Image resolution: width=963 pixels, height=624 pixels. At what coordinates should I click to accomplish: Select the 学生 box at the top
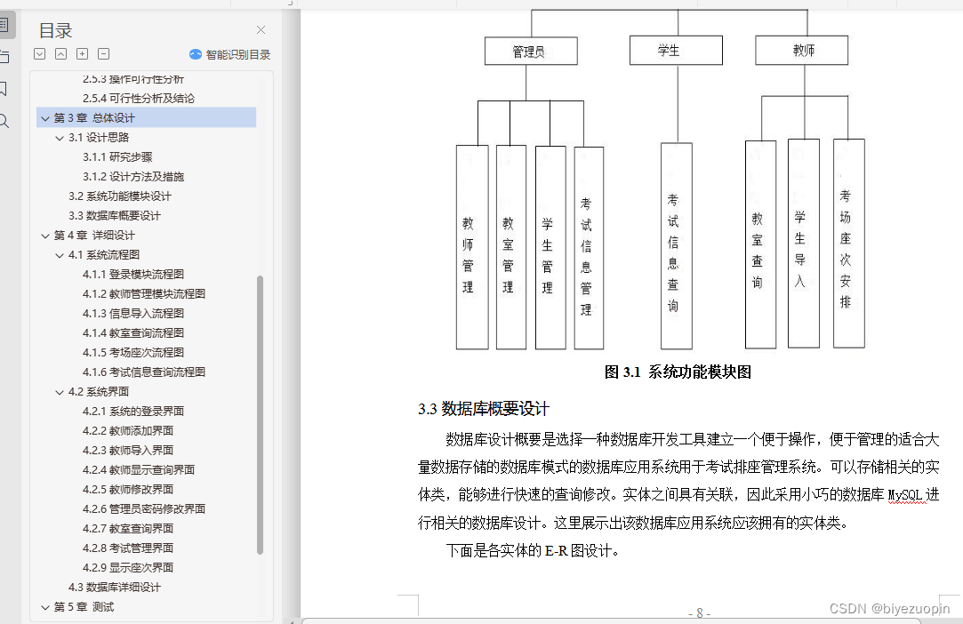[669, 51]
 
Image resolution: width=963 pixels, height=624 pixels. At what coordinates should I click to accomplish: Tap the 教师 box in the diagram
[803, 51]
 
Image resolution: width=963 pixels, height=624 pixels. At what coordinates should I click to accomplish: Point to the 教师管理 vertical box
[471, 247]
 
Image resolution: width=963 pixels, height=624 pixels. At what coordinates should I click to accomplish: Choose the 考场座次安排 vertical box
[847, 243]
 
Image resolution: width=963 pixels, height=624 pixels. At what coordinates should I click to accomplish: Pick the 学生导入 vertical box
[803, 243]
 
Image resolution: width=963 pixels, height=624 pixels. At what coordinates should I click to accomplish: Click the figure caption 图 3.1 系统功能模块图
[678, 372]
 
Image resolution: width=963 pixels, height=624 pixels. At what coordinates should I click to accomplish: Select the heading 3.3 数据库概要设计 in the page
[484, 409]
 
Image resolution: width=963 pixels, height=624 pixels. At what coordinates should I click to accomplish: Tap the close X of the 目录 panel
[261, 30]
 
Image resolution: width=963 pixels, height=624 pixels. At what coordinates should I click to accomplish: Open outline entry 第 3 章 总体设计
[94, 117]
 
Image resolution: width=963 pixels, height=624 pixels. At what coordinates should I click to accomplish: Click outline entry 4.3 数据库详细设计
[115, 587]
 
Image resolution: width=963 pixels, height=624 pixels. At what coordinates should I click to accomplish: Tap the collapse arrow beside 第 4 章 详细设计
[45, 236]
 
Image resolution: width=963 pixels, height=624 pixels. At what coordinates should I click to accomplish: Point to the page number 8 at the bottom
[699, 612]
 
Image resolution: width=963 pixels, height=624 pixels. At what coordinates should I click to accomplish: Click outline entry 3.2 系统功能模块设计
[119, 196]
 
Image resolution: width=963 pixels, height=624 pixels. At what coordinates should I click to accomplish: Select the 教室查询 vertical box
[760, 244]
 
